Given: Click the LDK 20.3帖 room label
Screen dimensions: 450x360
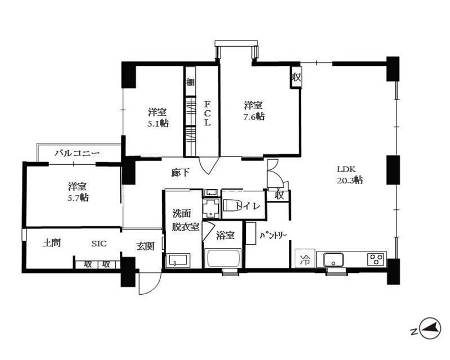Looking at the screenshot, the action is (x=349, y=174).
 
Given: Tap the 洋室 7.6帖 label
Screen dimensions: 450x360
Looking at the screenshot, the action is (x=254, y=111).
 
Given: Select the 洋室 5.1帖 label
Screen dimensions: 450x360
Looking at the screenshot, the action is (x=158, y=118).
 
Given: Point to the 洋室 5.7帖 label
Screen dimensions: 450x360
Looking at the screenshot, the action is (x=78, y=192).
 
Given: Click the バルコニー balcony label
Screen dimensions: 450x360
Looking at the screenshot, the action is (x=77, y=153).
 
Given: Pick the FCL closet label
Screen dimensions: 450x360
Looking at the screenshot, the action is (x=207, y=113).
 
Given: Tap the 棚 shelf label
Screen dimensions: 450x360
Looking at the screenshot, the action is (x=190, y=82).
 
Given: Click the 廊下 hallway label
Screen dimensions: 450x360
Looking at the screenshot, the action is (x=180, y=173).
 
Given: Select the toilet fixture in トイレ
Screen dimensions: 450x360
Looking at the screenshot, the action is (x=229, y=205).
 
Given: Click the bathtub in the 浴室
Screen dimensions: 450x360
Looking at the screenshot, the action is (x=223, y=258).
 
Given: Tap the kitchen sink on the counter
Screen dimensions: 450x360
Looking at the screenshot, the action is (x=333, y=260).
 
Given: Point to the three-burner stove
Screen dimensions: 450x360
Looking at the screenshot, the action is (x=376, y=259).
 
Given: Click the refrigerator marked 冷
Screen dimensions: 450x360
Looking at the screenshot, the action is (x=305, y=259).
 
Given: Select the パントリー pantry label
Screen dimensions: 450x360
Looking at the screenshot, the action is (x=273, y=236).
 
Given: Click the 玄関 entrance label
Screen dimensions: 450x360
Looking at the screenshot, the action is (x=145, y=246).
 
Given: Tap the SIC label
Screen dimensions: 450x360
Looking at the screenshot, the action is (x=99, y=244).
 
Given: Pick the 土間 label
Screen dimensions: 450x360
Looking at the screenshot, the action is (x=52, y=243).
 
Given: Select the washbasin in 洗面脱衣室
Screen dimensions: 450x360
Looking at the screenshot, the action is (x=178, y=260).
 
